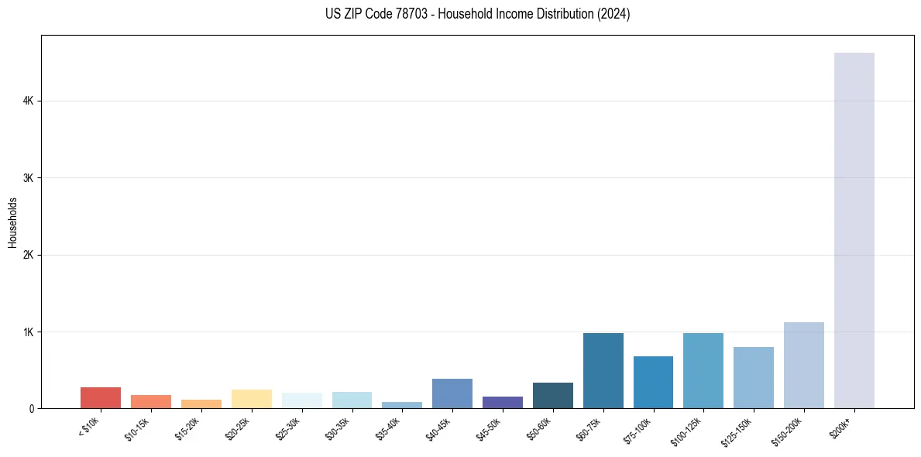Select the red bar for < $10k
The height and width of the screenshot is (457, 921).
coord(101,397)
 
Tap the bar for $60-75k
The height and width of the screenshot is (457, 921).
coord(603,370)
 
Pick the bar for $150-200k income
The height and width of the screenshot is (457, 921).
coord(803,365)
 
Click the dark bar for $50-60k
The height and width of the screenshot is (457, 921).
coord(552,395)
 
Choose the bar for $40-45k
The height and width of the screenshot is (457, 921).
coord(452,393)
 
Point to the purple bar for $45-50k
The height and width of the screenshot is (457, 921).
coord(503,402)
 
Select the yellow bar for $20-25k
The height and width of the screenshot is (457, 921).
coord(251,399)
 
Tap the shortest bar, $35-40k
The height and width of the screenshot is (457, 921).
coord(402,405)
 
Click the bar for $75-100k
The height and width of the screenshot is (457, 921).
coord(653,382)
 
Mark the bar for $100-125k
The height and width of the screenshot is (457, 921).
coord(703,370)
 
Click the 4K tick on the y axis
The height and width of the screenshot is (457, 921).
coord(29,101)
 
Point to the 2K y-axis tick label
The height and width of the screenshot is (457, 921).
coord(29,255)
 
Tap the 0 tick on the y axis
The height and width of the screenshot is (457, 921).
coord(32,408)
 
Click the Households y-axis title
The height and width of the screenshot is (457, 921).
coord(12,222)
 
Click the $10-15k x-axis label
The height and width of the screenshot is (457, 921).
coord(136,427)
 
